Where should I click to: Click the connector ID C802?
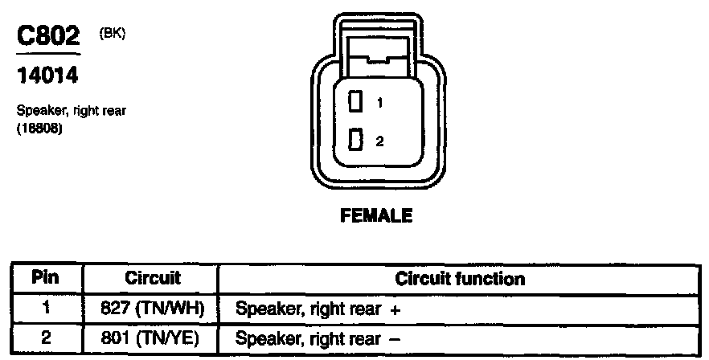pyautogui.click(x=49, y=37)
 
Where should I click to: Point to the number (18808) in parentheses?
pyautogui.click(x=39, y=127)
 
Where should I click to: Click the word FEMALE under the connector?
pyautogui.click(x=377, y=215)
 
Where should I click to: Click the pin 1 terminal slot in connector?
pyautogui.click(x=354, y=102)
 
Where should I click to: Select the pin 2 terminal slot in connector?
pyautogui.click(x=354, y=140)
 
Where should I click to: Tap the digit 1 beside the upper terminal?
pyautogui.click(x=379, y=103)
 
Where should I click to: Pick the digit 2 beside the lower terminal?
pyautogui.click(x=379, y=141)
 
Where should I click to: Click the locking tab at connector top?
pyautogui.click(x=375, y=58)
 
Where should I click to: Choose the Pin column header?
pyautogui.click(x=47, y=279)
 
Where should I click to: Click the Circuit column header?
pyautogui.click(x=153, y=279)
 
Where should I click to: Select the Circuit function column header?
pyautogui.click(x=460, y=279)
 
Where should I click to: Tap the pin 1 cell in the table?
pyautogui.click(x=47, y=308)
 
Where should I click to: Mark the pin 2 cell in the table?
pyautogui.click(x=47, y=338)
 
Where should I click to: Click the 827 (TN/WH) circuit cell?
pyautogui.click(x=153, y=308)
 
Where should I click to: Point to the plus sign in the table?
pyautogui.click(x=395, y=309)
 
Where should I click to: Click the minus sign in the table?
pyautogui.click(x=395, y=339)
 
